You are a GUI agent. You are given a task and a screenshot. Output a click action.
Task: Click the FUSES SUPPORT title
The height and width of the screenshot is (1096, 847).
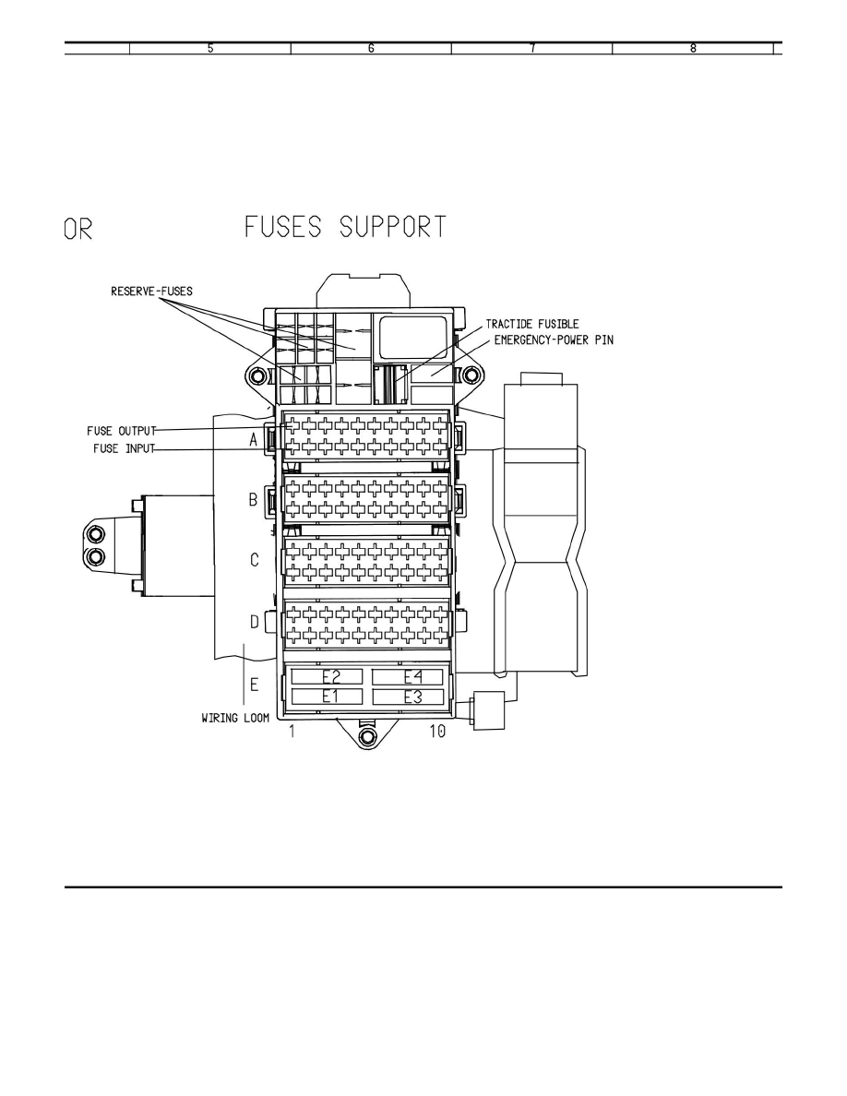[x=345, y=227]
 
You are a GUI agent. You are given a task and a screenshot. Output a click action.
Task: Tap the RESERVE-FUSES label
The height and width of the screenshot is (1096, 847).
[x=151, y=292]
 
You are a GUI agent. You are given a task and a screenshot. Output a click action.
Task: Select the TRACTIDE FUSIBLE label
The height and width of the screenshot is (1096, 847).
[x=532, y=325]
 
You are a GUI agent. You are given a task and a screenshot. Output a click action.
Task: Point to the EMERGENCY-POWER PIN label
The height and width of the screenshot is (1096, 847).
[x=554, y=340]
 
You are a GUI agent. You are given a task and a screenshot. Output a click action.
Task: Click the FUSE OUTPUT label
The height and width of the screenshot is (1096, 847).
[x=122, y=431]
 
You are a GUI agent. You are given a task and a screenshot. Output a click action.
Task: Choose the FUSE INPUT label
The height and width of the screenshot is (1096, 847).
[x=124, y=448]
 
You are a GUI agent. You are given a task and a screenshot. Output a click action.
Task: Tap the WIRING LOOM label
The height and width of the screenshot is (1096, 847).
[x=235, y=718]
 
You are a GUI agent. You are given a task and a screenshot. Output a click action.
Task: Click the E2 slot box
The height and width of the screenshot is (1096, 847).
[x=327, y=676]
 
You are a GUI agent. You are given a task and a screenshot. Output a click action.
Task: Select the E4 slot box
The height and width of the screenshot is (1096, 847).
[x=408, y=676]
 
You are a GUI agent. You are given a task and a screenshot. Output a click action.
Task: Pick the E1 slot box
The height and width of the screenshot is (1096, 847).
[x=327, y=697]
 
